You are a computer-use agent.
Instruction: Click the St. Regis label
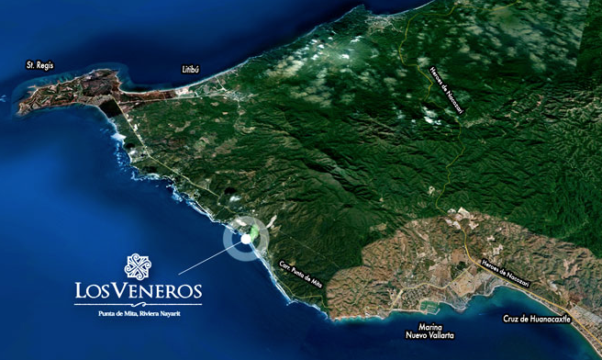(42, 65)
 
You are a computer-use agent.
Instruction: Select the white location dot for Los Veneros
(247, 238)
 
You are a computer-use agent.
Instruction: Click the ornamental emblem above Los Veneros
(138, 266)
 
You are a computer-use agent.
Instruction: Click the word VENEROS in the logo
(157, 292)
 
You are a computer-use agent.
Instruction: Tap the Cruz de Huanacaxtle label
(537, 319)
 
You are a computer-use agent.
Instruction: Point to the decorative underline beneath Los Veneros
(138, 304)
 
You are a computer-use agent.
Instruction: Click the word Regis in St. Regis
(49, 65)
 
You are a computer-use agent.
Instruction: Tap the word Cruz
(510, 319)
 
